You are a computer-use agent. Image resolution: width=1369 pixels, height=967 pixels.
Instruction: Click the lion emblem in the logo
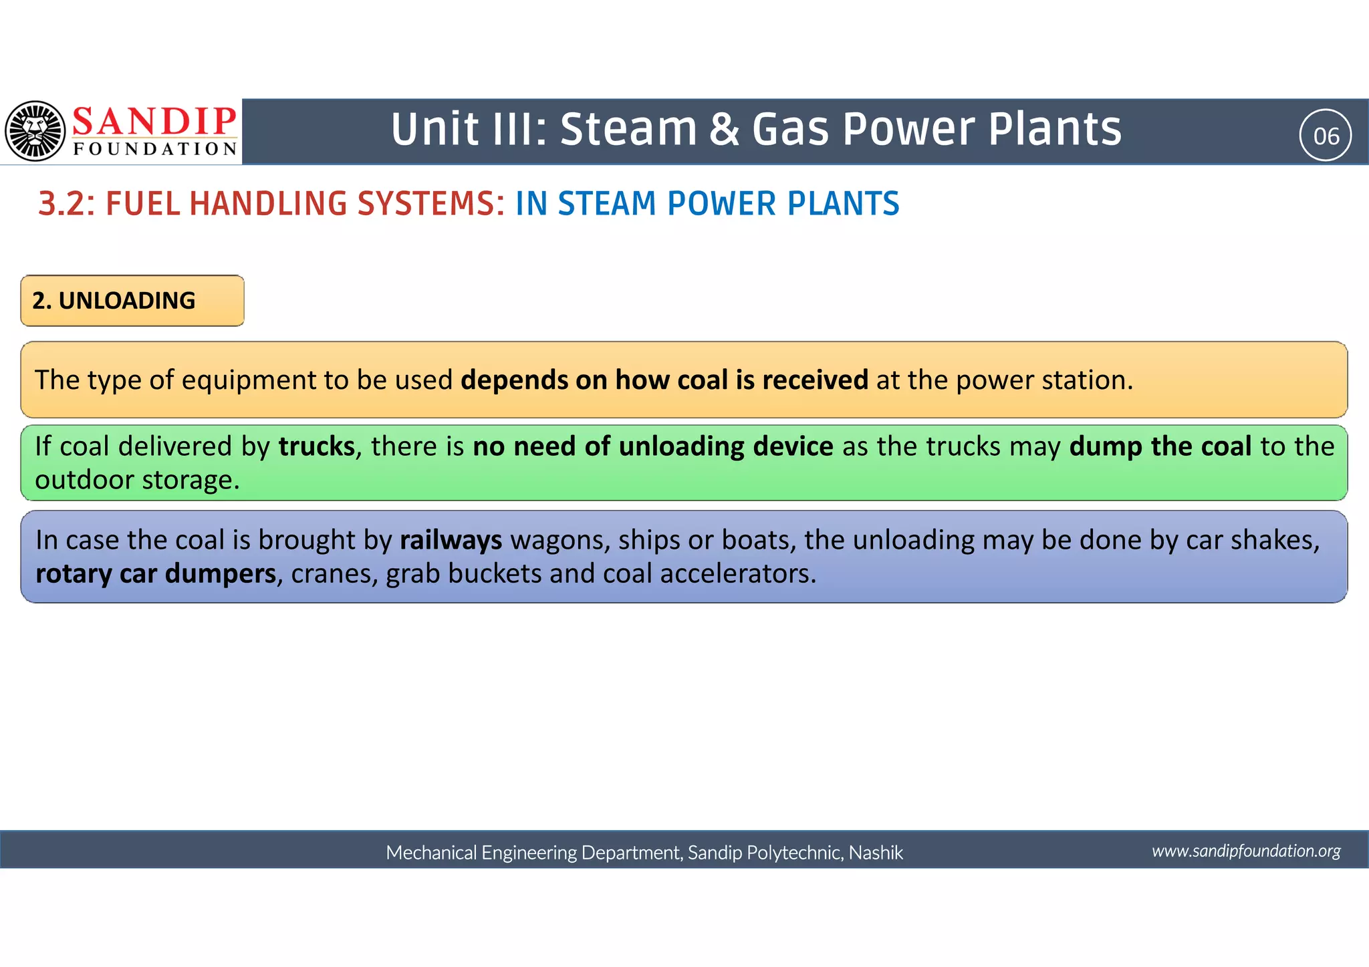35,131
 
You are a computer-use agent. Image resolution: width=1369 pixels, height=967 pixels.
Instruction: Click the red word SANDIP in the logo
154,122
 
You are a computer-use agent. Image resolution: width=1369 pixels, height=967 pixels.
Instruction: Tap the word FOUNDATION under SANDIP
155,149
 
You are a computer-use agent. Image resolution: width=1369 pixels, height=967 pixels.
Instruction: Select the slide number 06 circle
1326,136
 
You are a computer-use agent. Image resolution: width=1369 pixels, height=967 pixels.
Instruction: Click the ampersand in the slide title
725,129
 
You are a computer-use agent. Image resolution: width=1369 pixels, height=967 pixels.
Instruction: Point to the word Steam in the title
628,129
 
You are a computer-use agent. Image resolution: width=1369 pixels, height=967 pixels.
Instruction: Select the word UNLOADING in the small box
127,301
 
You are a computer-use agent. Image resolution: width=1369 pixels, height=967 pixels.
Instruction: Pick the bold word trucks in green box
317,446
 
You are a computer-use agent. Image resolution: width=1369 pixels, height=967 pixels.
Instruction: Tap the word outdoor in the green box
84,480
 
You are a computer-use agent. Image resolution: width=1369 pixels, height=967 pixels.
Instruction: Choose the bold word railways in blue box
451,540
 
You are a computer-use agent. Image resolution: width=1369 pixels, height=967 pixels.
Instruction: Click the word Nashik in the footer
876,853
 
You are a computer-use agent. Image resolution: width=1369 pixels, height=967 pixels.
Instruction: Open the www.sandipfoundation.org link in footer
1246,851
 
